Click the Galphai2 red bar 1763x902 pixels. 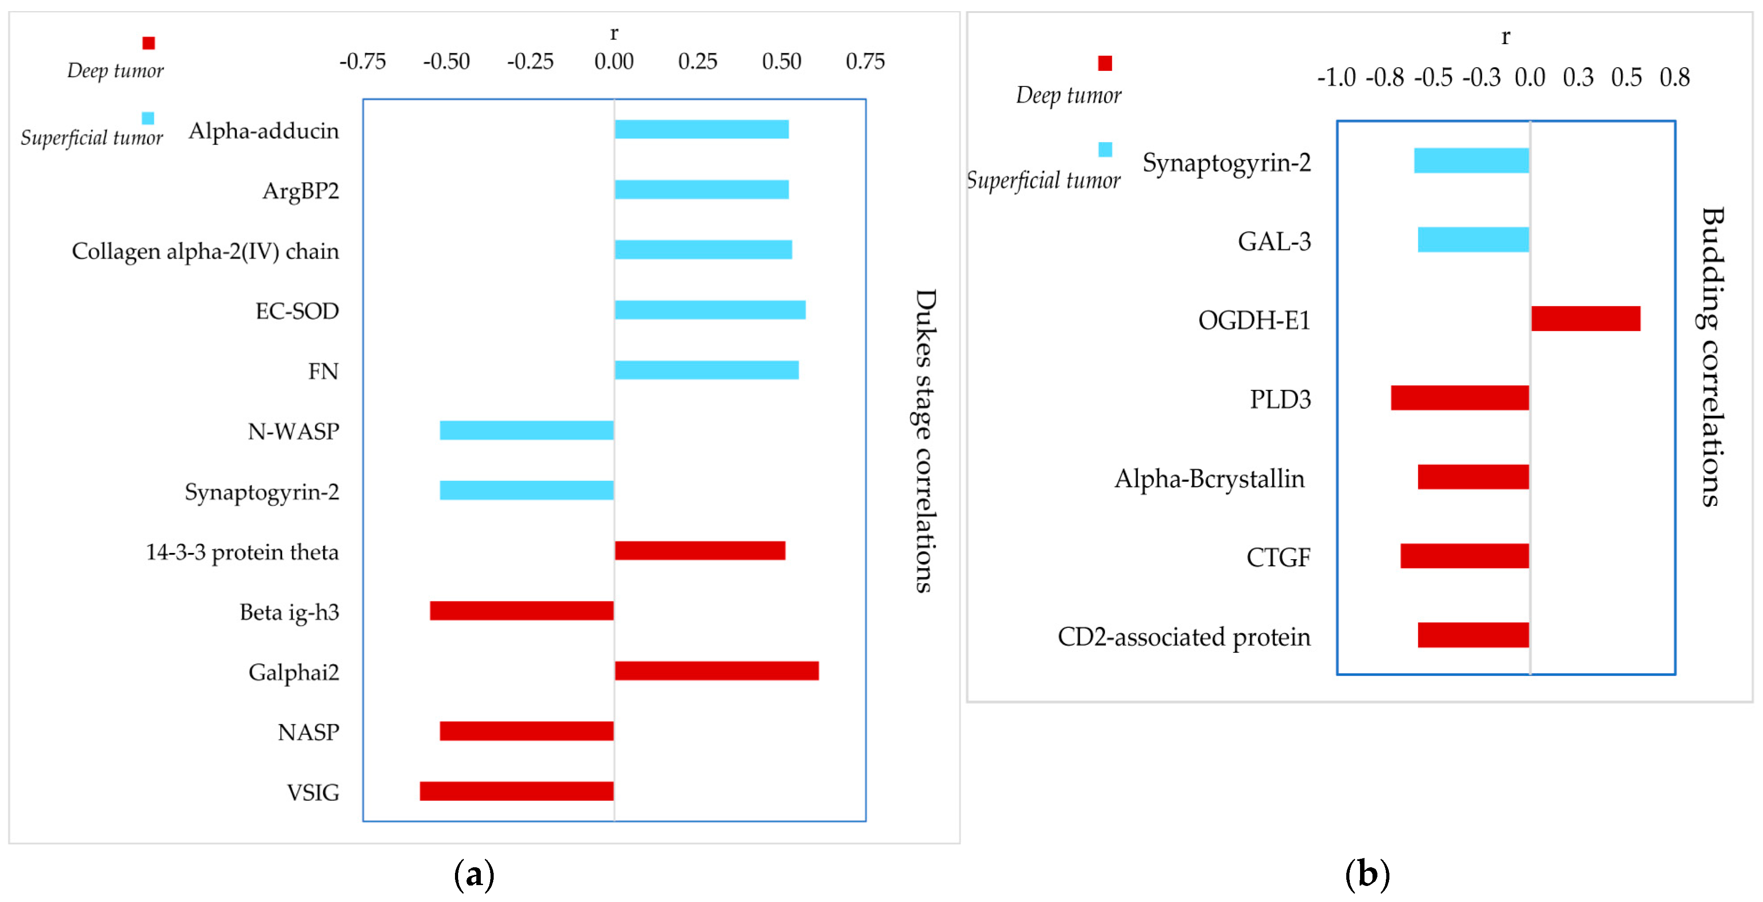pyautogui.click(x=716, y=670)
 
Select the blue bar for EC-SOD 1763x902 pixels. pyautogui.click(x=710, y=309)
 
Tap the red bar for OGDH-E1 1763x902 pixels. pyautogui.click(x=1585, y=318)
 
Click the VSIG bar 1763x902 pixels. pyautogui.click(x=517, y=791)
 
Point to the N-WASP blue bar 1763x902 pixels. pyautogui.click(x=526, y=430)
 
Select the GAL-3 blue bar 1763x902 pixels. pyautogui.click(x=1473, y=240)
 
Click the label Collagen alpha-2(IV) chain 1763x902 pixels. pyautogui.click(x=205, y=252)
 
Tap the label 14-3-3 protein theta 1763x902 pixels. pyautogui.click(x=242, y=552)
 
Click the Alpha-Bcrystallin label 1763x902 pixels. pyautogui.click(x=1209, y=479)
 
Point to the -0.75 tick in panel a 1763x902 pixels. pyautogui.click(x=363, y=61)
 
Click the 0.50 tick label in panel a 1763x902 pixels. pyautogui.click(x=781, y=61)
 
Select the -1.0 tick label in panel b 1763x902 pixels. pyautogui.click(x=1336, y=77)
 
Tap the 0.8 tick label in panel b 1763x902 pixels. pyautogui.click(x=1674, y=77)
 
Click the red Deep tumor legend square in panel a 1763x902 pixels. pyautogui.click(x=149, y=43)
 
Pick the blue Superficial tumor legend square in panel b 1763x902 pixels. pyautogui.click(x=1105, y=149)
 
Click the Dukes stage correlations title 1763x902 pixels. pyautogui.click(x=925, y=440)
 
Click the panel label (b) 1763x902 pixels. pyautogui.click(x=1367, y=874)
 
